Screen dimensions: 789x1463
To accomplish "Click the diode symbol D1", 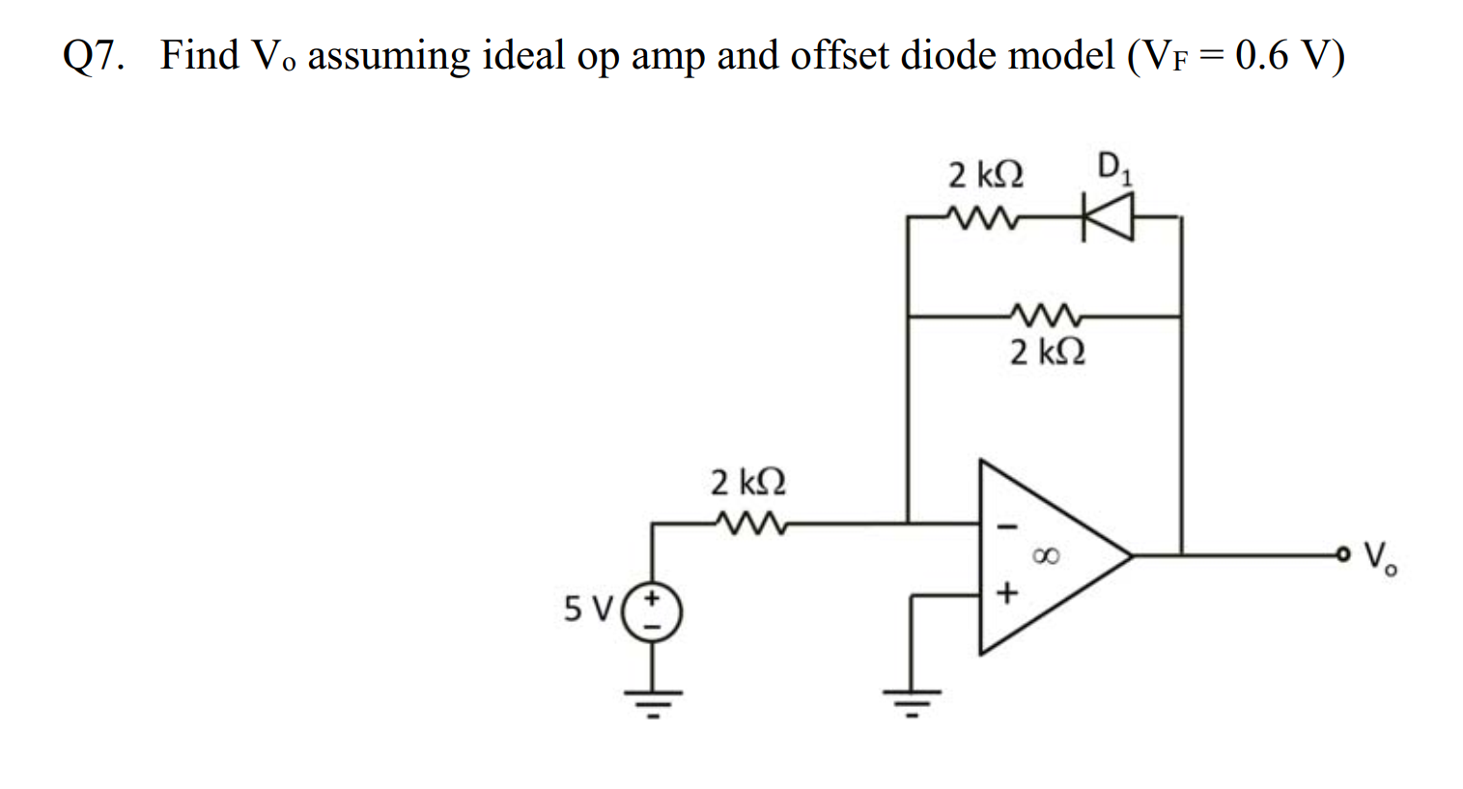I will coord(1106,217).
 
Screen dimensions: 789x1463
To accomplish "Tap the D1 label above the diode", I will coord(1115,169).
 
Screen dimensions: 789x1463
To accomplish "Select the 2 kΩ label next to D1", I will coord(986,176).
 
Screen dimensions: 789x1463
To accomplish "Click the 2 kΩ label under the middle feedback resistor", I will coord(1048,352).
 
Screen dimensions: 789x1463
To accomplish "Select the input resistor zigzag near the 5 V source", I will coord(748,523).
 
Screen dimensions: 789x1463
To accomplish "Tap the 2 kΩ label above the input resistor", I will coord(747,481).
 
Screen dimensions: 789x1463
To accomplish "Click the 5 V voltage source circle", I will coord(652,613).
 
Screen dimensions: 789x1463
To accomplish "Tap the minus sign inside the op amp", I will coord(1006,527).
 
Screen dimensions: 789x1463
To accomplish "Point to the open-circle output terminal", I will coord(1343,554).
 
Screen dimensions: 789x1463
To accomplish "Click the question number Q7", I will coord(94,56).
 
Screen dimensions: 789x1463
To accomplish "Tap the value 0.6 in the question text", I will coord(1262,56).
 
